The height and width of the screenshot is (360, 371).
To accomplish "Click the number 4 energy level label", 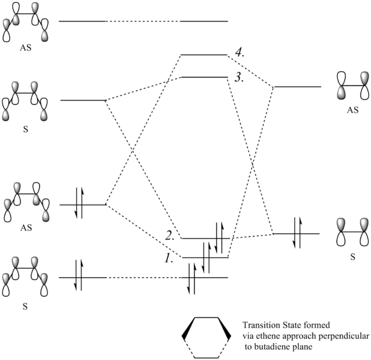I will pos(239,53).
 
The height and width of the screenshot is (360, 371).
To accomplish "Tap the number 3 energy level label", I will pos(238,77).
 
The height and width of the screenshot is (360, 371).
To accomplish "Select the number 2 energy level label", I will pos(170,236).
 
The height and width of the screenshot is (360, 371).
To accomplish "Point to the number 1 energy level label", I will pos(170,256).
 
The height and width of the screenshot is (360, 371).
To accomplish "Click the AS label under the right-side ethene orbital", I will pos(353,111).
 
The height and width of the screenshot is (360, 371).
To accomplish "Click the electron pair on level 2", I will pos(220,235).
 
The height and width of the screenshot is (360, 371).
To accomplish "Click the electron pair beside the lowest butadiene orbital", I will pos(78,277).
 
